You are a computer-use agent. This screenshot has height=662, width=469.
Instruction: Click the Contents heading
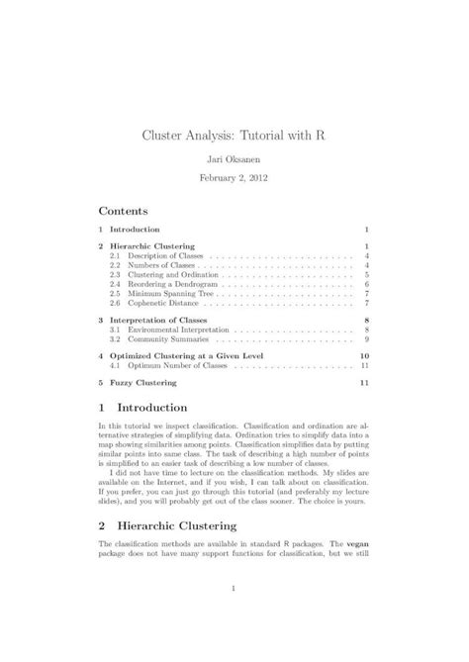click(123, 211)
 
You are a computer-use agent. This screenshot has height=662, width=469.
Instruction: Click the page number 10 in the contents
click(364, 355)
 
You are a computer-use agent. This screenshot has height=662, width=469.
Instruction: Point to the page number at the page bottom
click(234, 592)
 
